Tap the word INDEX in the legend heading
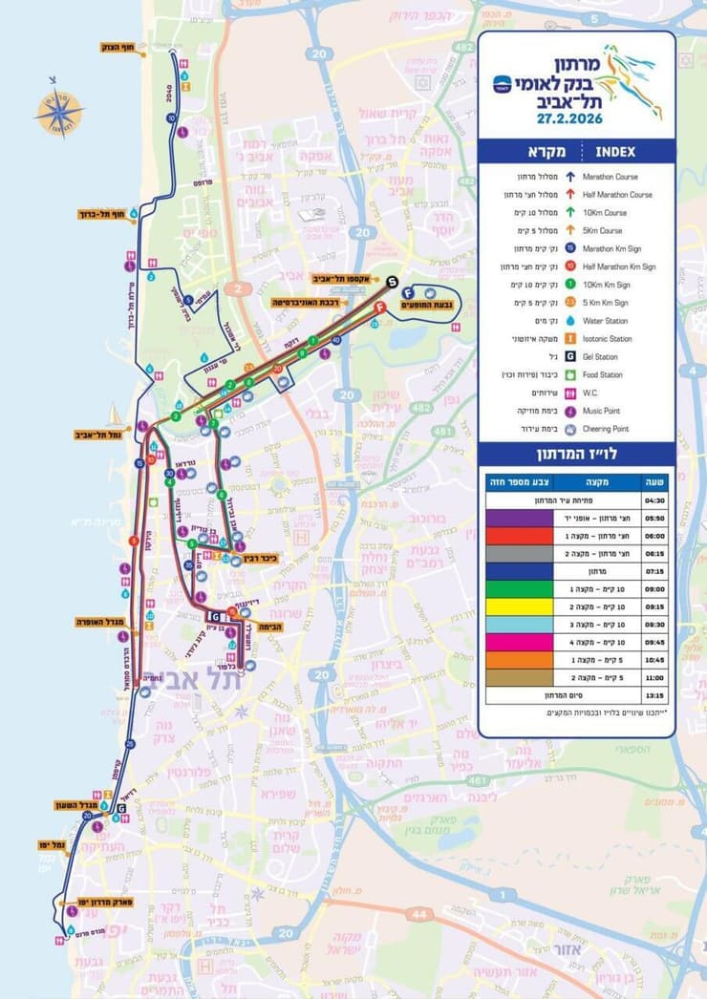coord(614,151)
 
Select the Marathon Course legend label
coord(611,177)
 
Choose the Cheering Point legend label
coord(610,429)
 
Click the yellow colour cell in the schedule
coord(517,606)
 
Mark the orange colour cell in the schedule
coord(517,660)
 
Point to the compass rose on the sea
coord(58,114)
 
